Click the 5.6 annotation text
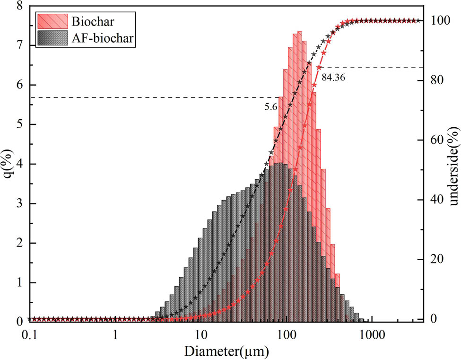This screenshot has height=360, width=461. coord(270,107)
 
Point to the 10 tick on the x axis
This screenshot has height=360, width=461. coord(200,333)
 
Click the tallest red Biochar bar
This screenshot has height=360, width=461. coord(300,142)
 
